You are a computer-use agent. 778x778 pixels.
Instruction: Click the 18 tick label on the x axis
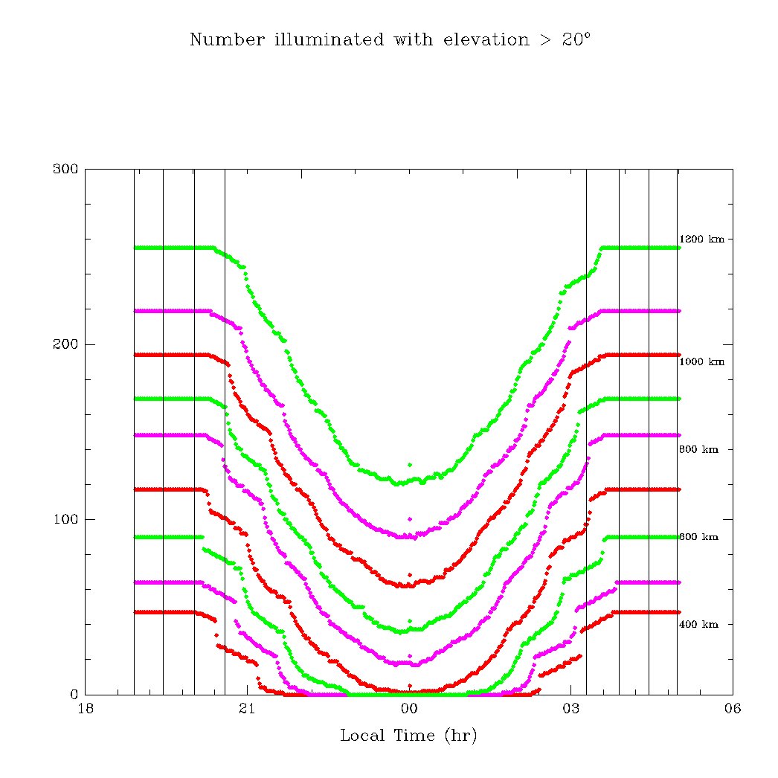(x=86, y=709)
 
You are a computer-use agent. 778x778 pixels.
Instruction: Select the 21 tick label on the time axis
(x=247, y=709)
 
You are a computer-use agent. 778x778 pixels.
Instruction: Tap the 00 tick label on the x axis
(x=409, y=709)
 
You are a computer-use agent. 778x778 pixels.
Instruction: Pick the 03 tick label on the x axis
(x=570, y=709)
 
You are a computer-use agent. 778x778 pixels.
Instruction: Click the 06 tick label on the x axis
(x=733, y=709)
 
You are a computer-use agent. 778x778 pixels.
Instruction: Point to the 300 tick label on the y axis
(x=65, y=169)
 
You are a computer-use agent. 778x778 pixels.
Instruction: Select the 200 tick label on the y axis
(x=65, y=344)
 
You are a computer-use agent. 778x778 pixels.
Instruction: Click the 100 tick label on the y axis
(x=65, y=519)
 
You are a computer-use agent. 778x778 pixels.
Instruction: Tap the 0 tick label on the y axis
(x=74, y=694)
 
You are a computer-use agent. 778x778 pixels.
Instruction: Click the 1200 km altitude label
(x=701, y=239)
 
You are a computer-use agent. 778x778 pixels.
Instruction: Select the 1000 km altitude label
(x=701, y=362)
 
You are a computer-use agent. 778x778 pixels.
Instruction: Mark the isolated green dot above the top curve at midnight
(x=409, y=465)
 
